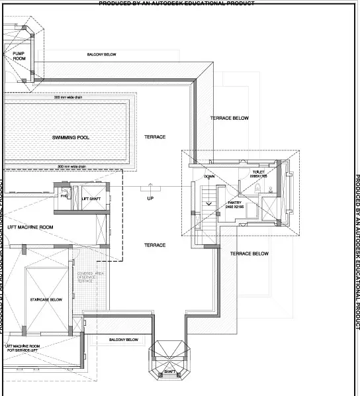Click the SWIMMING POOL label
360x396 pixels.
click(x=71, y=138)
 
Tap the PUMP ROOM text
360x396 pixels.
click(x=19, y=56)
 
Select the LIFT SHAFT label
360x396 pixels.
click(x=91, y=199)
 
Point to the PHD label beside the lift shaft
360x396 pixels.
click(x=64, y=196)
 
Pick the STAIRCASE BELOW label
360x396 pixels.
click(x=46, y=300)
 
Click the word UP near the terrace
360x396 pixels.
click(x=150, y=199)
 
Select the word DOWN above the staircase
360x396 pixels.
click(x=209, y=177)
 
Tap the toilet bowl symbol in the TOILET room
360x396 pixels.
click(x=257, y=189)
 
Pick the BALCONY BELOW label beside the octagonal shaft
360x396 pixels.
click(x=124, y=340)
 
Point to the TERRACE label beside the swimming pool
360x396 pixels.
click(x=155, y=137)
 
